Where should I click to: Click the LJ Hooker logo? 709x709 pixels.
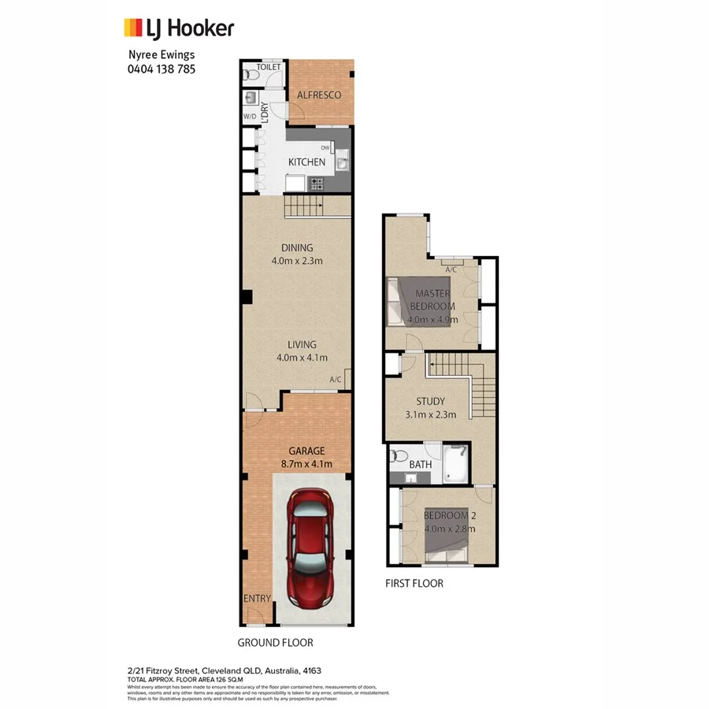pyautogui.click(x=179, y=29)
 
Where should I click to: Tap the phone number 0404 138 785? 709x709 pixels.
pyautogui.click(x=161, y=69)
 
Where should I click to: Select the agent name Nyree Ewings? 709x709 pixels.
pyautogui.click(x=162, y=55)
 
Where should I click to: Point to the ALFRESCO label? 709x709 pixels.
pyautogui.click(x=319, y=95)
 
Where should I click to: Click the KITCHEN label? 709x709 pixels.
pyautogui.click(x=306, y=162)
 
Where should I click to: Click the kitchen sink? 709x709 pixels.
pyautogui.click(x=343, y=163)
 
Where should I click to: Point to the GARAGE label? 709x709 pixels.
pyautogui.click(x=306, y=451)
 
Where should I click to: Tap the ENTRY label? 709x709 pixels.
pyautogui.click(x=257, y=599)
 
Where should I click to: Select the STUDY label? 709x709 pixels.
pyautogui.click(x=430, y=401)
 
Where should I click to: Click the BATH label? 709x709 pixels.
pyautogui.click(x=420, y=465)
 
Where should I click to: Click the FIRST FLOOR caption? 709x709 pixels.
pyautogui.click(x=414, y=584)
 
